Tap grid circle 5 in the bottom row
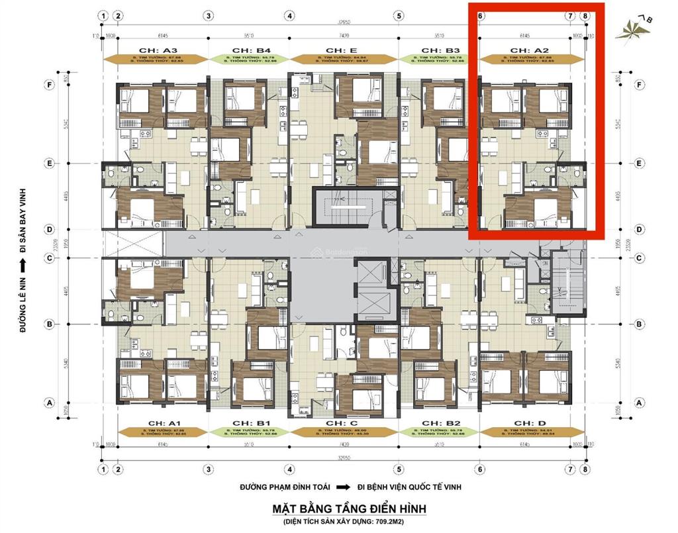pos(399,469)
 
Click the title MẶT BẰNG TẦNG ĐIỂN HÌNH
pos(350,509)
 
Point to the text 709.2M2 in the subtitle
pos(403,522)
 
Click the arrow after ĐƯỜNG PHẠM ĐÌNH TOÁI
pos(343,487)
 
